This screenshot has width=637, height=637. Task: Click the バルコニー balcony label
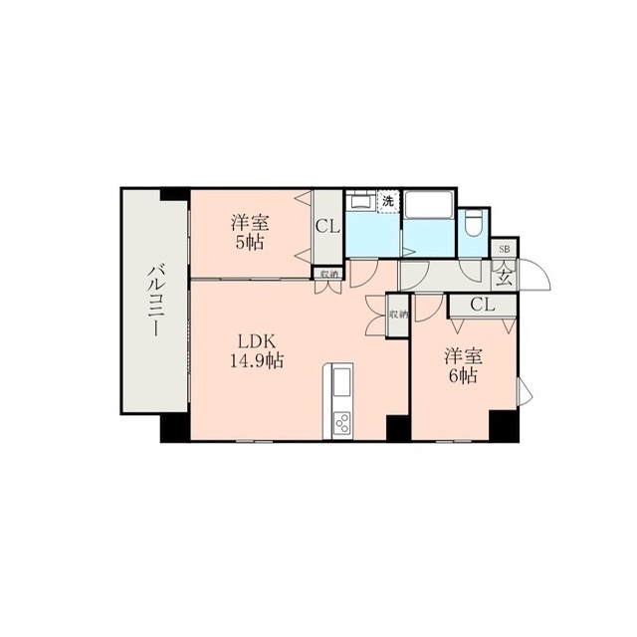pos(155,301)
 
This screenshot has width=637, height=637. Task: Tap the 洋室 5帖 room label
pos(250,233)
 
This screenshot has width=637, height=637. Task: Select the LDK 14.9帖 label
pos(257,351)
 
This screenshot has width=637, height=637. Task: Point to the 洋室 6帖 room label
pos(463,366)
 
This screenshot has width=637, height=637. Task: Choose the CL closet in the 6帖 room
pos(483,305)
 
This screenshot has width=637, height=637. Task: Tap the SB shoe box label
pos(505,249)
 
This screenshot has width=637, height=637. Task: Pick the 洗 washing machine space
pos(388,201)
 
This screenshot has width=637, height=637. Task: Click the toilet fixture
pos(473,222)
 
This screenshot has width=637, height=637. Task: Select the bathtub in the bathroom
pos(429,204)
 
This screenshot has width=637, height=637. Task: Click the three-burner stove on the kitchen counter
pos(342,422)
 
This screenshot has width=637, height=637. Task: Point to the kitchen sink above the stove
pos(341,382)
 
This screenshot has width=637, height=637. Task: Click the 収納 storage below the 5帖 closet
pos(328,274)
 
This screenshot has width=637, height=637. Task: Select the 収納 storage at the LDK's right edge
pos(398,315)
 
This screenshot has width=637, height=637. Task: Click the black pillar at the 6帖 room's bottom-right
pos(504,426)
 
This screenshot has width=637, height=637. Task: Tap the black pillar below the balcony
pos(175,428)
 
